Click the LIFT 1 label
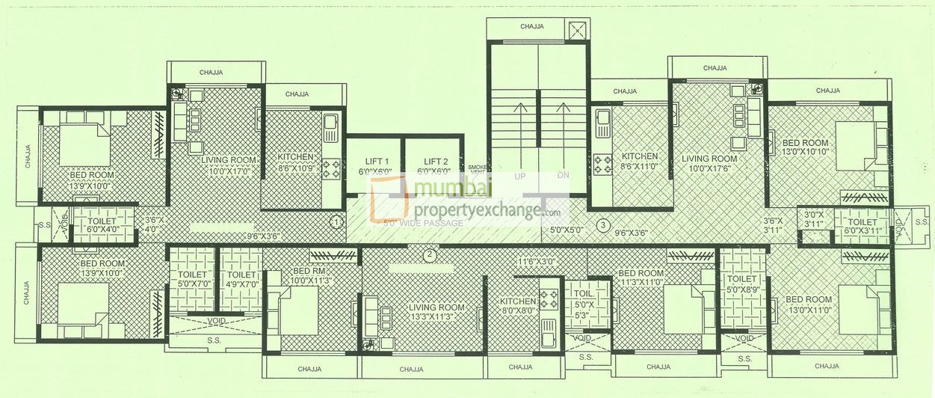tap(376, 162)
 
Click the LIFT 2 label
tap(435, 162)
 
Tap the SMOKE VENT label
tap(476, 169)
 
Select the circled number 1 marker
tap(337, 222)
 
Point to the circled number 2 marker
tap(429, 254)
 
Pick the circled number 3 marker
tap(603, 224)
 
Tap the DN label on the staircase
tap(563, 177)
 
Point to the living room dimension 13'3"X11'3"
tap(436, 316)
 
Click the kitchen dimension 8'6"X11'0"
tap(639, 167)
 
